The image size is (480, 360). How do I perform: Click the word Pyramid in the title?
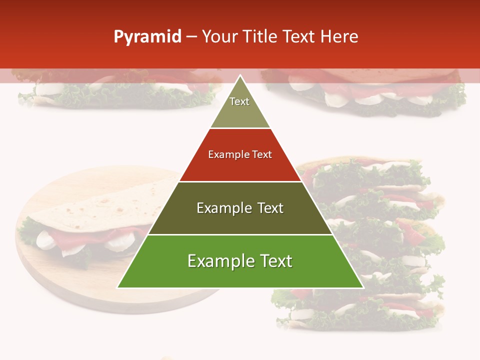[x=147, y=37]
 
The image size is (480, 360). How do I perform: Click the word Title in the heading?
[x=260, y=36]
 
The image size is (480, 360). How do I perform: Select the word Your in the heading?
[x=219, y=36]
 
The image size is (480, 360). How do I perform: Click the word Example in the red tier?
[x=228, y=154]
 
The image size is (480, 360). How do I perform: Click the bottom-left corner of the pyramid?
[x=118, y=287]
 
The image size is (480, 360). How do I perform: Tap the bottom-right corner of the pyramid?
[x=363, y=287]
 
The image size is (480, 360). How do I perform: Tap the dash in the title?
[x=191, y=37]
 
